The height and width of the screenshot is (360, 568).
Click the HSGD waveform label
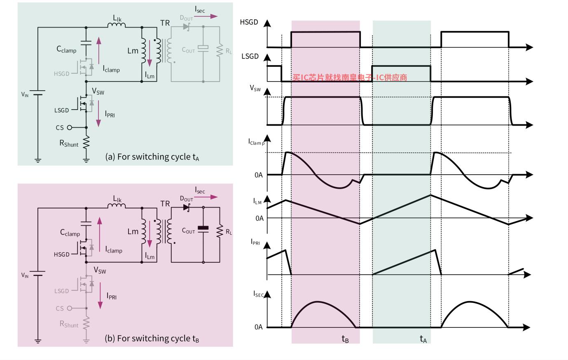tap(249, 22)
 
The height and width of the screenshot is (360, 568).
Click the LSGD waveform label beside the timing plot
tap(250, 56)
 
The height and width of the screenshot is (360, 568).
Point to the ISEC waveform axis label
tap(258, 294)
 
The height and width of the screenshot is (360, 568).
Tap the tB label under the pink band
tap(345, 339)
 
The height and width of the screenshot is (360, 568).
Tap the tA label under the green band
tap(423, 339)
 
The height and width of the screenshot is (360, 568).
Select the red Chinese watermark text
tap(350, 77)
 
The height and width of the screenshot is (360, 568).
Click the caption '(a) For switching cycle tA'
tap(152, 157)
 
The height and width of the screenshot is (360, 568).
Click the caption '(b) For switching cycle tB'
tap(152, 339)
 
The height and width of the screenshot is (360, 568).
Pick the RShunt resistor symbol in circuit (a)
tap(86, 143)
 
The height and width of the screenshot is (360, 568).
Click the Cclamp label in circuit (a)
tap(66, 50)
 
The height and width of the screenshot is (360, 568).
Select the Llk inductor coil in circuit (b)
tap(117, 207)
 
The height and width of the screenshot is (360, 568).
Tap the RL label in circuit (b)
tap(229, 232)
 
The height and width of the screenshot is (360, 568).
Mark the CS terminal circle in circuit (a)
tap(70, 127)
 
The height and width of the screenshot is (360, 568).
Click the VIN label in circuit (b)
tap(25, 275)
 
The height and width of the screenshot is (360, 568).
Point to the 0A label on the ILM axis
tap(259, 218)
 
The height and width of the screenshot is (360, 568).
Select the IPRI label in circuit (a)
tap(110, 114)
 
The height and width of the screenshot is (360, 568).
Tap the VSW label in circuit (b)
tap(100, 271)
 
